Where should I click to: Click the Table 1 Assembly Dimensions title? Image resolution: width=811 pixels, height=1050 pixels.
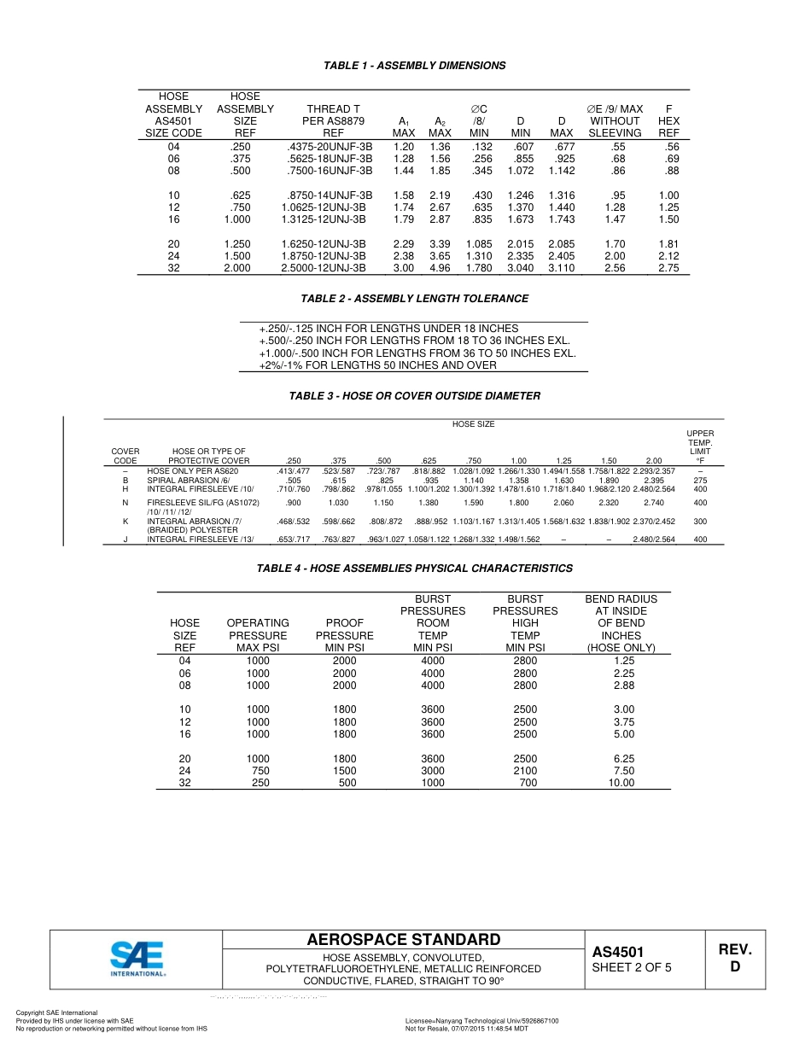tap(414, 66)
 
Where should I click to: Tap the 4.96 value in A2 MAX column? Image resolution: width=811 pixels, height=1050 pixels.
tap(440, 268)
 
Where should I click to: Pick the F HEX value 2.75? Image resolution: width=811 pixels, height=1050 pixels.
tap(668, 268)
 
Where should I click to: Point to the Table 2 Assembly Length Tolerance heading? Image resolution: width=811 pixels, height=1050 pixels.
tap(414, 299)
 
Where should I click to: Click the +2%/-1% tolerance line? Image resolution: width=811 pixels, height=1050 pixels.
tap(377, 365)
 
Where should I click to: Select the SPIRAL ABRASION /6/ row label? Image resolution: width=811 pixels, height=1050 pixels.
tap(183, 481)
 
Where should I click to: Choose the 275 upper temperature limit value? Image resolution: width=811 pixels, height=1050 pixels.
tap(700, 481)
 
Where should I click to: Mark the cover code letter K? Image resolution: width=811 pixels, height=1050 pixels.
tap(125, 521)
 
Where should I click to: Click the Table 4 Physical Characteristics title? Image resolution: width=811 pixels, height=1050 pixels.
tap(414, 569)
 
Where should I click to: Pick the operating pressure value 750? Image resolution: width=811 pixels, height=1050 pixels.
tap(258, 771)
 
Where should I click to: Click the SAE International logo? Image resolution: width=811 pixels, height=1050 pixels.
tap(137, 958)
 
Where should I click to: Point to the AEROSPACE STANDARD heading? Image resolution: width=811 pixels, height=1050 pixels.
tap(404, 940)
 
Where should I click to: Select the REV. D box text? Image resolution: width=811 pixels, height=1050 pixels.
tap(734, 958)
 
